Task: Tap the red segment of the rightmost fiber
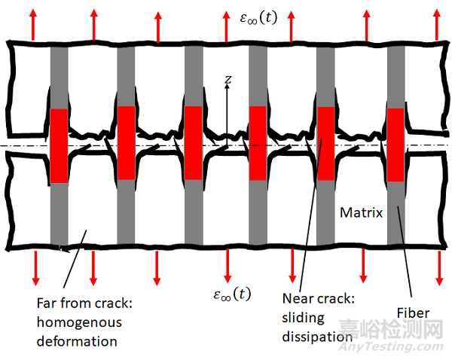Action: pyautogui.click(x=395, y=145)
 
